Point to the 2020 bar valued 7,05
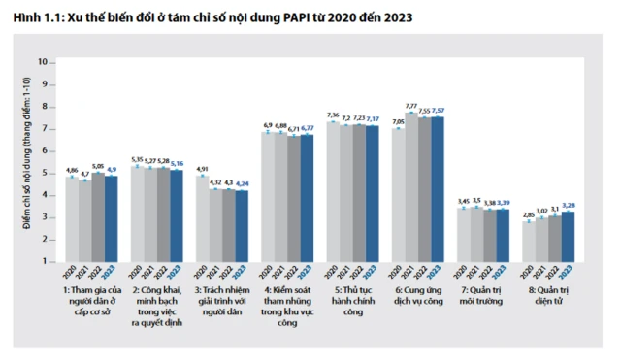click(x=399, y=195)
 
